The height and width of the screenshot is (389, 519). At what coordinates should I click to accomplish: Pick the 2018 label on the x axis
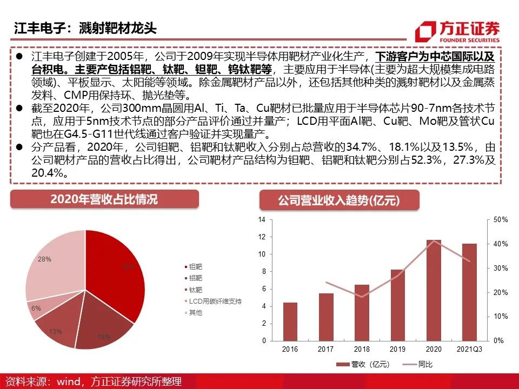362,349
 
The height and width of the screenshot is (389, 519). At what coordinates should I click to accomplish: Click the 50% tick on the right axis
501,220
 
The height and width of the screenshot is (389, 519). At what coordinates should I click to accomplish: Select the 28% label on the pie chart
45,259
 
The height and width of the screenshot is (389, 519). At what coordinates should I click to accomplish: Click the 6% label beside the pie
36,308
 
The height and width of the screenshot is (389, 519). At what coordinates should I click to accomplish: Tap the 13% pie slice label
56,331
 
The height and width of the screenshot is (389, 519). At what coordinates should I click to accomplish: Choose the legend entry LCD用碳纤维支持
215,301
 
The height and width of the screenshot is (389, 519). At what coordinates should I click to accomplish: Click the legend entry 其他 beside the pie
195,313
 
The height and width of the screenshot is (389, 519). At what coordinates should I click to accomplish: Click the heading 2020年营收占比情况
104,199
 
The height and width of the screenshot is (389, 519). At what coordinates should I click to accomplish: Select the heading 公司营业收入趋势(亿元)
339,201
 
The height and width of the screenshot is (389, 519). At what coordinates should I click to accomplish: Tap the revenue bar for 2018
362,313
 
